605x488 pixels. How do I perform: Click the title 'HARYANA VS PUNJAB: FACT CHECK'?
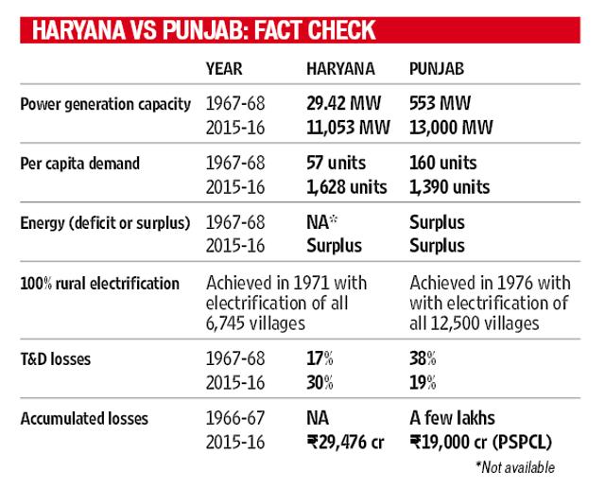(x=204, y=30)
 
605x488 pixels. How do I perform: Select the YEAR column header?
(x=224, y=69)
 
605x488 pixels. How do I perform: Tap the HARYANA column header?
(x=340, y=69)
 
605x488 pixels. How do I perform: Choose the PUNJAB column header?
(x=437, y=69)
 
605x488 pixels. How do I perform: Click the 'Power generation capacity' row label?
(x=105, y=105)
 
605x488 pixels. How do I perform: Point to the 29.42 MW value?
(x=343, y=103)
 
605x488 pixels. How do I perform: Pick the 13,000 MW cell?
(x=451, y=128)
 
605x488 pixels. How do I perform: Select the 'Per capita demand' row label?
(x=79, y=164)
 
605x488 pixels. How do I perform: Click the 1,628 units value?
(x=347, y=187)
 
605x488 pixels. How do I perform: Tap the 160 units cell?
(x=443, y=163)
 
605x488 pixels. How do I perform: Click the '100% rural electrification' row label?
(x=99, y=284)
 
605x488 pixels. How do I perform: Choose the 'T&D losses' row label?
(x=56, y=359)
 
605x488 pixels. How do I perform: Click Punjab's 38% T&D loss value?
(x=423, y=358)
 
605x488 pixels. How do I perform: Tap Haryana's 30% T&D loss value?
(x=320, y=383)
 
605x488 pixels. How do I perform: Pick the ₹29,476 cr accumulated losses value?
(x=345, y=443)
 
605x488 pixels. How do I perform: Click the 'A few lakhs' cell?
(x=452, y=418)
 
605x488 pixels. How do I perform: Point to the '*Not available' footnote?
(x=515, y=467)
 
